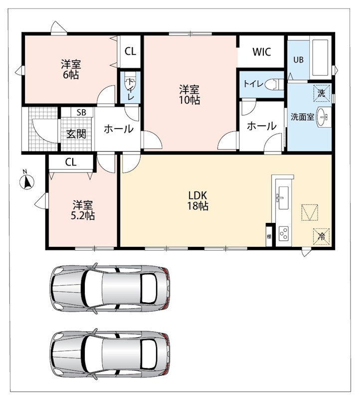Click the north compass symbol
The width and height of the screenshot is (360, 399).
point(27,182)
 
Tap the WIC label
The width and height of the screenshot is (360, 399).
point(262,52)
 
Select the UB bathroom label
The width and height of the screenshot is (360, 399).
point(299,59)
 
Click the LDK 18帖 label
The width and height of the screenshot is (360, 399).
point(197,200)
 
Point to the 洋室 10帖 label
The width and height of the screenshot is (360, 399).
point(189,95)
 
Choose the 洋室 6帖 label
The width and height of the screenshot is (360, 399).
point(71,69)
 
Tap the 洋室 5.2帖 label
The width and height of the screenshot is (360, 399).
point(83,210)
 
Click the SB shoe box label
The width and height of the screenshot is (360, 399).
point(81,112)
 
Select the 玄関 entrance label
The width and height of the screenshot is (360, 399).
point(76,134)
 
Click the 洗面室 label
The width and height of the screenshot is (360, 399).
point(302,117)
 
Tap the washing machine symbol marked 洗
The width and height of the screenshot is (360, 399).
point(322,93)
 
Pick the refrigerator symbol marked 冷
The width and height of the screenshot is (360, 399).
point(321,236)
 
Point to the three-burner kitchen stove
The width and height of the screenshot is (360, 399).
point(284,233)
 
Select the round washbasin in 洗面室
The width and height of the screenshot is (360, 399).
point(322,117)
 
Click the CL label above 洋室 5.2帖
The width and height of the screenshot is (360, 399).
point(71,162)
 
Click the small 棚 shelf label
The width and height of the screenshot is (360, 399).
point(269,236)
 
